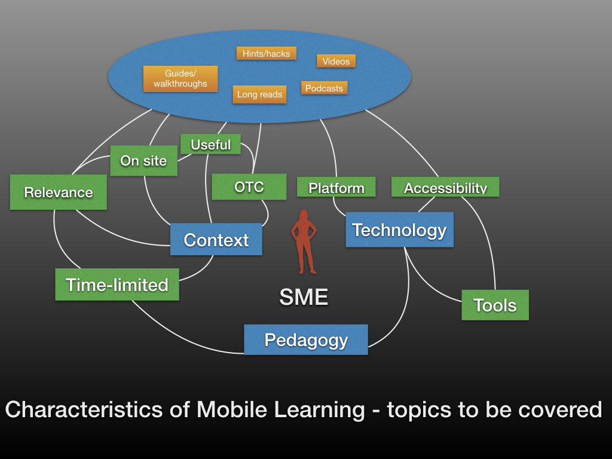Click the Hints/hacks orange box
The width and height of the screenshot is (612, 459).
click(x=266, y=53)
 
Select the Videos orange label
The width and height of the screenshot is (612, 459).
click(x=336, y=62)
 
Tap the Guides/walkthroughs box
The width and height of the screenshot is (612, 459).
click(x=180, y=79)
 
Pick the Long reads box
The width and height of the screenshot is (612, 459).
click(x=259, y=94)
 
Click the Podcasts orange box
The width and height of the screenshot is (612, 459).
click(x=324, y=88)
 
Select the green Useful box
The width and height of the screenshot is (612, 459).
click(x=210, y=145)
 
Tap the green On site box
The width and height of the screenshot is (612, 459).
click(x=143, y=161)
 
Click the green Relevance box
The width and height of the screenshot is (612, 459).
click(x=58, y=192)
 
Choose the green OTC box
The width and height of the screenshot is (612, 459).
click(x=249, y=187)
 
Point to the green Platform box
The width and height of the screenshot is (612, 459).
click(x=336, y=187)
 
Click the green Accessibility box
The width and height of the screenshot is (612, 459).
click(x=445, y=187)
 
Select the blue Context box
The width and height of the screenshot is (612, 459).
click(x=216, y=239)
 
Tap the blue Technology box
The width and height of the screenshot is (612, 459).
click(x=399, y=230)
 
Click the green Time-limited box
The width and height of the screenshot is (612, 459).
click(x=117, y=284)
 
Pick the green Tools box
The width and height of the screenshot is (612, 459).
click(x=495, y=305)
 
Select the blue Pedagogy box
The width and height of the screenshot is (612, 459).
click(x=305, y=339)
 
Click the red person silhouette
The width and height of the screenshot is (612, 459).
click(x=304, y=242)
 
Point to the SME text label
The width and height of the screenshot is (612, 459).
click(x=304, y=297)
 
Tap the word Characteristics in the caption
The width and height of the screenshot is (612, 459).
click(x=84, y=410)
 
